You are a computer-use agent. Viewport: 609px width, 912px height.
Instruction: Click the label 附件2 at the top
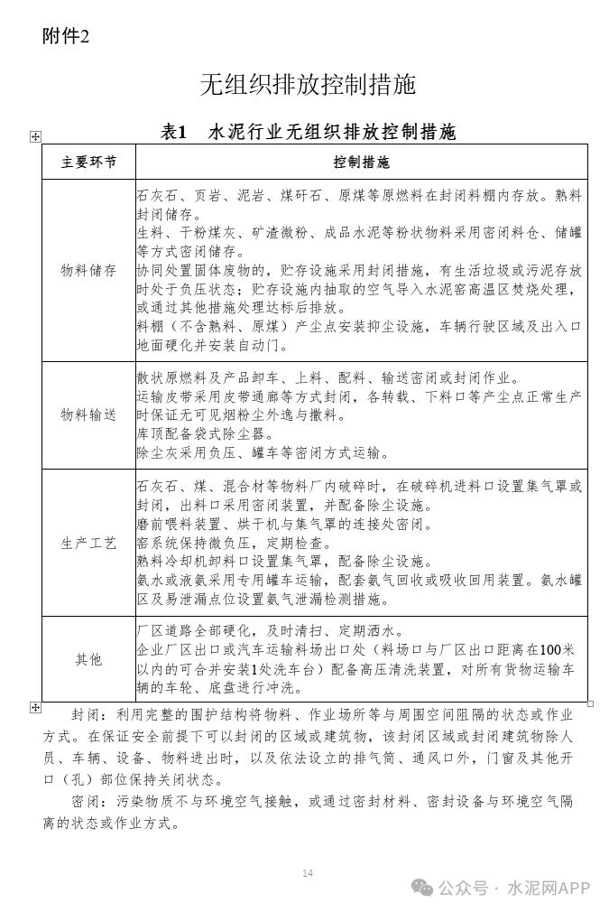[x=66, y=37]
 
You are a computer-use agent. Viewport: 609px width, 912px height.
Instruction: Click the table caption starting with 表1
[x=308, y=133]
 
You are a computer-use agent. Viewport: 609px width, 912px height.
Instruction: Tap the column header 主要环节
[x=88, y=163]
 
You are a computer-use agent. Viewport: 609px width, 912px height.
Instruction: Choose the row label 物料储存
[x=88, y=270]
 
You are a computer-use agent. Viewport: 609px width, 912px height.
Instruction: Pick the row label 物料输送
[x=88, y=414]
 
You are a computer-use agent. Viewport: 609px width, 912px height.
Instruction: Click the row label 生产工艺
[x=88, y=543]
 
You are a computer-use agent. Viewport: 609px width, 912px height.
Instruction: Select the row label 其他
[x=88, y=659]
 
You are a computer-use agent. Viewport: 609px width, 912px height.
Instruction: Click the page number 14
[x=308, y=872]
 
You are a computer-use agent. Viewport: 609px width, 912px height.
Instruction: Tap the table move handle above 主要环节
[x=35, y=136]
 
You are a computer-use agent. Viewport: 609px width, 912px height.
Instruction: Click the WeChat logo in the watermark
[x=422, y=888]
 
